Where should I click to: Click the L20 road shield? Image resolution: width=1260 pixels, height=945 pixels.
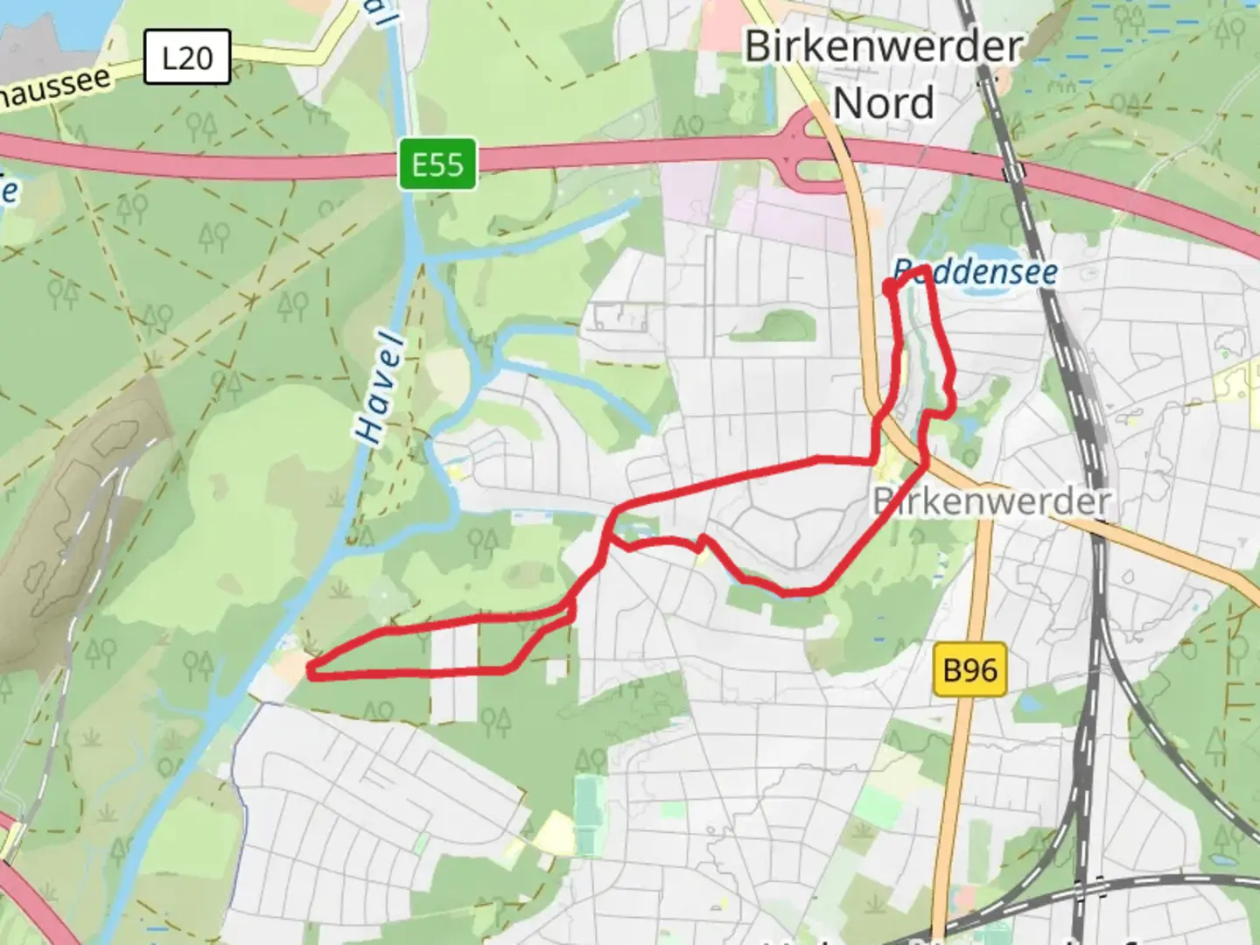click(x=186, y=58)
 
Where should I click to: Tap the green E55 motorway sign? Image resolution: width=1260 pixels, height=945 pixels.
click(x=437, y=164)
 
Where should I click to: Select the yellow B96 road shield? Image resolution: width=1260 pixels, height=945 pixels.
click(x=969, y=670)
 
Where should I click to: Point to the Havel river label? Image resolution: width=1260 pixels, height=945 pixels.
click(x=381, y=386)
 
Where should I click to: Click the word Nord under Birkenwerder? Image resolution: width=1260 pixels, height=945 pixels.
click(x=884, y=103)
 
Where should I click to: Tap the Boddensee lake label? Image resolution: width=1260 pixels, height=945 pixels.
click(x=976, y=272)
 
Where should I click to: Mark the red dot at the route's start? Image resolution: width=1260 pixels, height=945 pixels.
click(x=889, y=286)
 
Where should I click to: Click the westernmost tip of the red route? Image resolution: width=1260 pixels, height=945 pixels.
click(x=310, y=672)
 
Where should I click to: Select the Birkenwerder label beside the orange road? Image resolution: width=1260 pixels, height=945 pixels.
click(x=992, y=501)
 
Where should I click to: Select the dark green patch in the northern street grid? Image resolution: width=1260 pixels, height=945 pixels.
click(x=774, y=325)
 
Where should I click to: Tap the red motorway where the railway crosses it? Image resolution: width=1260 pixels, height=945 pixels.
click(x=1014, y=171)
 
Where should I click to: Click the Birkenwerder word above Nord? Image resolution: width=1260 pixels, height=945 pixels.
click(x=884, y=45)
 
